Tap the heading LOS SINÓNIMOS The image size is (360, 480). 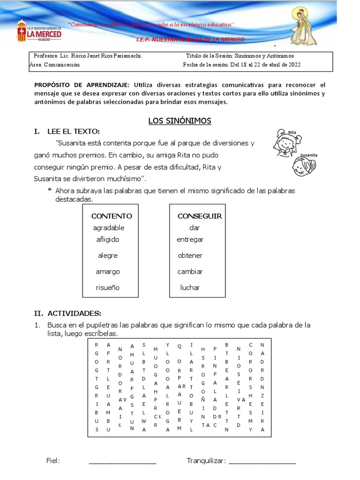(180, 121)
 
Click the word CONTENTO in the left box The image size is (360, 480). (112, 216)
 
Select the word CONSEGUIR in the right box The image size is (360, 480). (200, 216)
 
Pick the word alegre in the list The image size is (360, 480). (108, 255)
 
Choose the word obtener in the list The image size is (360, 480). (190, 255)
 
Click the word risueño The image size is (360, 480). (108, 287)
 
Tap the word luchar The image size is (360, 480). (190, 287)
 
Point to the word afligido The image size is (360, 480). (108, 240)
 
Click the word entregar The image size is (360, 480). (190, 240)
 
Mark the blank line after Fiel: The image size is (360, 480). (122, 462)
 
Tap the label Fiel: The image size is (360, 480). (53, 461)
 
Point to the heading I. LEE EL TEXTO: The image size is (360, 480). (67, 131)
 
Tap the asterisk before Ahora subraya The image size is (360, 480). (49, 191)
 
